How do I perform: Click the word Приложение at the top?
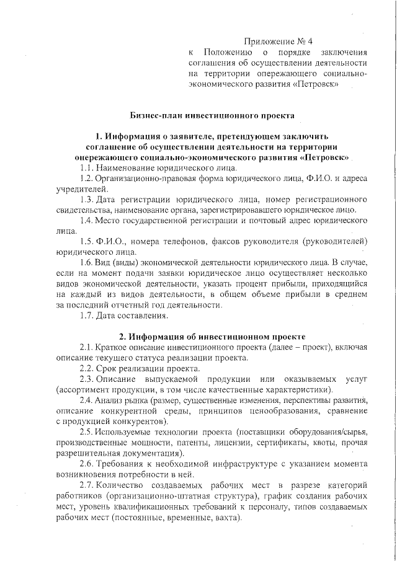coord(267,42)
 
